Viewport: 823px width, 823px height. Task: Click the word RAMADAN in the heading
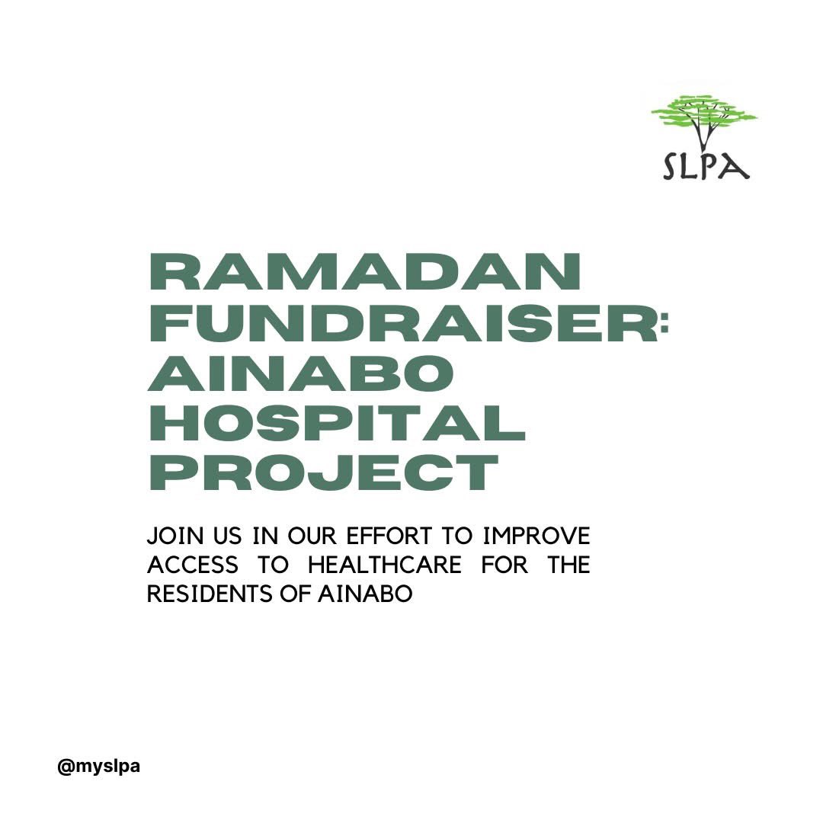coord(364,274)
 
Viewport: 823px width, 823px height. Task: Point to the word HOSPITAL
coord(337,424)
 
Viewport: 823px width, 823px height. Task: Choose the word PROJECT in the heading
coord(323,472)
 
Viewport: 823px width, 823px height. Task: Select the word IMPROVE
coord(537,536)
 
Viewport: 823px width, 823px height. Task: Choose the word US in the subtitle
coord(223,536)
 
